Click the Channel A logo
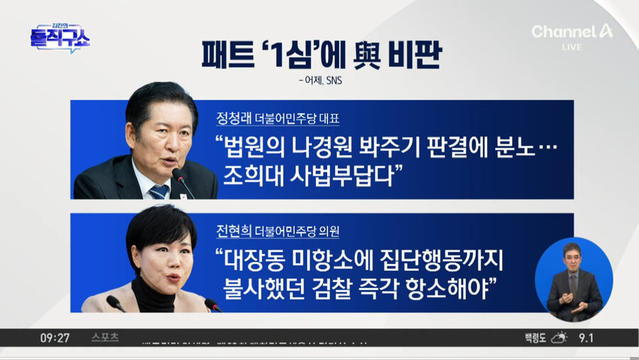tap(572, 31)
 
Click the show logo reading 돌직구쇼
tap(60, 38)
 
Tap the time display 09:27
tap(55, 337)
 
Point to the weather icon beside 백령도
tap(561, 337)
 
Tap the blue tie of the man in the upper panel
tap(158, 190)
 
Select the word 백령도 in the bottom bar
tap(532, 337)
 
